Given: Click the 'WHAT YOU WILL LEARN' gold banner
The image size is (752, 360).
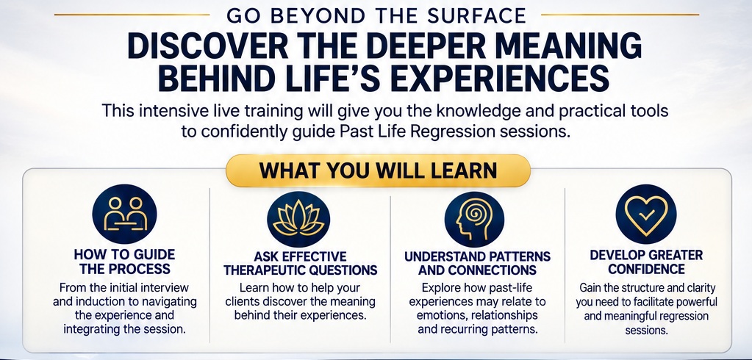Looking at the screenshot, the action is (378, 170).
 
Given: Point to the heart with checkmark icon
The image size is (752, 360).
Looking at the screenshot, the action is (646, 214).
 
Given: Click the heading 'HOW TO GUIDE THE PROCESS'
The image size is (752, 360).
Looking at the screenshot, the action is (125, 262).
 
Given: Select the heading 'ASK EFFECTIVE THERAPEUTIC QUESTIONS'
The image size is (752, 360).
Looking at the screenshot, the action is (301, 263).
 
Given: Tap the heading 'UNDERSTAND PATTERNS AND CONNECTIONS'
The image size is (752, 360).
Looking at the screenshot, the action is (477, 263).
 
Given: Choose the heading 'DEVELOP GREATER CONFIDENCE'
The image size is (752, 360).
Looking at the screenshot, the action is (646, 262).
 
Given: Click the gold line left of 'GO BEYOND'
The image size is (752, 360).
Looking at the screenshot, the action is (132, 15).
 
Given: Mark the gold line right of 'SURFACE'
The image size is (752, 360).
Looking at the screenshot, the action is (620, 15).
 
